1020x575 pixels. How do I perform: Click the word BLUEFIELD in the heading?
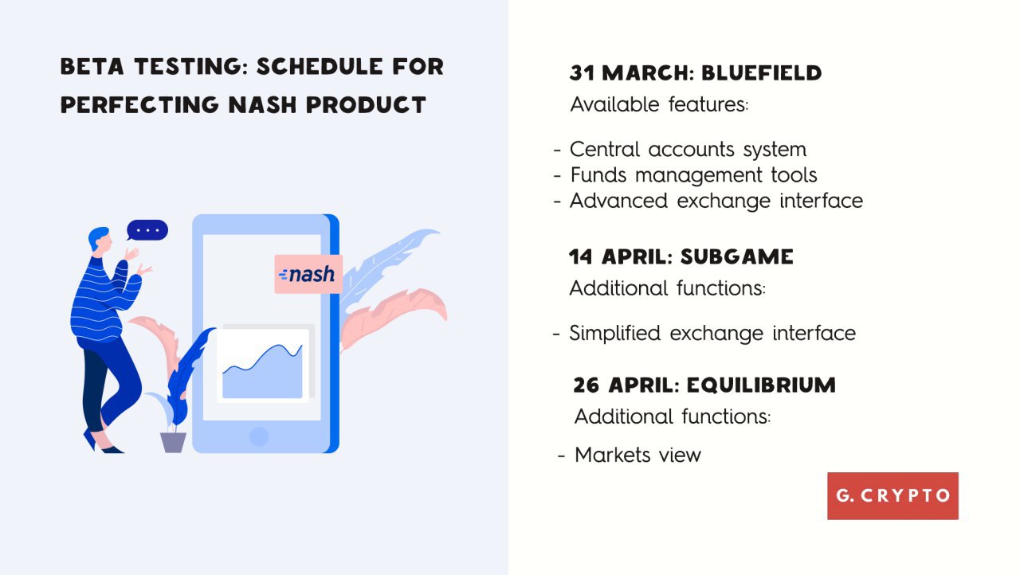(761, 73)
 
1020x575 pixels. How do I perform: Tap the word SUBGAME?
(737, 257)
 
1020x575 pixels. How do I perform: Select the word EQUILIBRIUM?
(761, 385)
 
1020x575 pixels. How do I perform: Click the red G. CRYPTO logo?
(892, 496)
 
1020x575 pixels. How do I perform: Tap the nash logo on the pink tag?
(308, 274)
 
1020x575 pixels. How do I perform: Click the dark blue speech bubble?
(147, 230)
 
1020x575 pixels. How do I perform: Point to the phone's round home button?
(259, 436)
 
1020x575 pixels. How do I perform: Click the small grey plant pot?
(173, 442)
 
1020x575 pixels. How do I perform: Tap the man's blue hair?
(97, 237)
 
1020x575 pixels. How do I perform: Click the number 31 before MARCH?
(582, 73)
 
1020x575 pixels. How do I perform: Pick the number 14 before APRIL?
(581, 257)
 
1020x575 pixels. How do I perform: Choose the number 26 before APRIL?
(586, 385)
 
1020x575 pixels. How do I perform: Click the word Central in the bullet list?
(605, 149)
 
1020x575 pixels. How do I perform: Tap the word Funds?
(598, 175)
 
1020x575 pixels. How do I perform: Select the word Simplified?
(614, 334)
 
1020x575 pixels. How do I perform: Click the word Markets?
(613, 455)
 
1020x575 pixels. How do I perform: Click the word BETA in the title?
(92, 66)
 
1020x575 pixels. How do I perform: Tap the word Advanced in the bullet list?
(618, 201)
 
